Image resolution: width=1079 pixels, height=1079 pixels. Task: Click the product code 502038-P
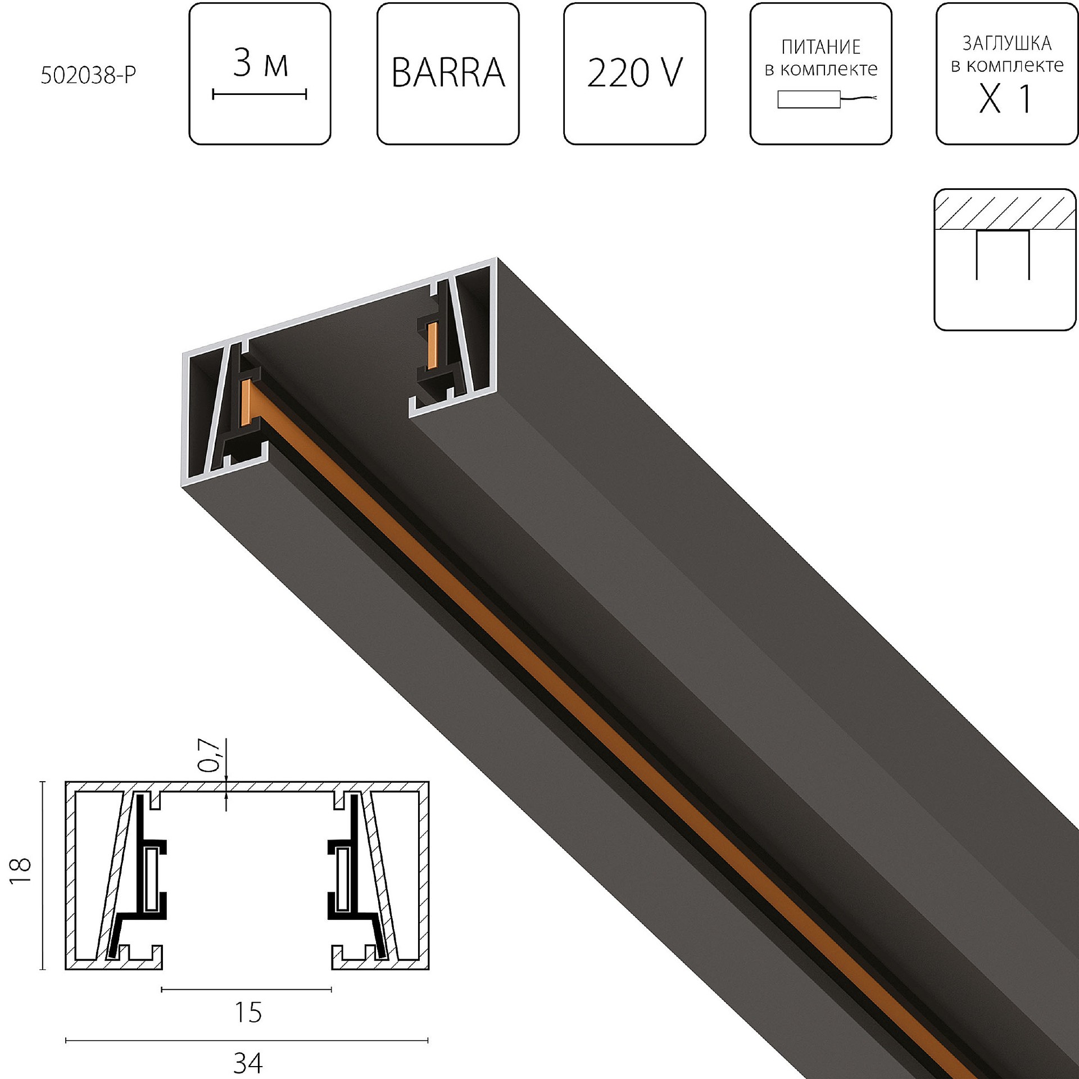coord(88,75)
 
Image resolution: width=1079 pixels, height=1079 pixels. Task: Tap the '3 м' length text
coord(260,64)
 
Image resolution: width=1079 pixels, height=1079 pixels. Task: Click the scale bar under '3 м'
coord(259,94)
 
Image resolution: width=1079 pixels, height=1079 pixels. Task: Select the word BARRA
coord(448,73)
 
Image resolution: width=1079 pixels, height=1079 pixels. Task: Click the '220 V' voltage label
coord(634,73)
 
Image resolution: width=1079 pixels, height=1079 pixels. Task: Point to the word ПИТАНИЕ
coord(820,47)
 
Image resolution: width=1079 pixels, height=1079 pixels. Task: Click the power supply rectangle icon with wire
coord(809,99)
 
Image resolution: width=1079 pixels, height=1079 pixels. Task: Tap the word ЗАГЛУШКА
coord(1007,43)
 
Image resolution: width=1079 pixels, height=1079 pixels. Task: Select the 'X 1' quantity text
coord(1005,99)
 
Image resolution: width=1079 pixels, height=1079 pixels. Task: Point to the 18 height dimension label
coord(21,871)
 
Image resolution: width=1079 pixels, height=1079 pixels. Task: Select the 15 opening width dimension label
coord(248,1012)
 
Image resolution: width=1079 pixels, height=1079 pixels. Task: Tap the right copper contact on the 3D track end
coord(432,346)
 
